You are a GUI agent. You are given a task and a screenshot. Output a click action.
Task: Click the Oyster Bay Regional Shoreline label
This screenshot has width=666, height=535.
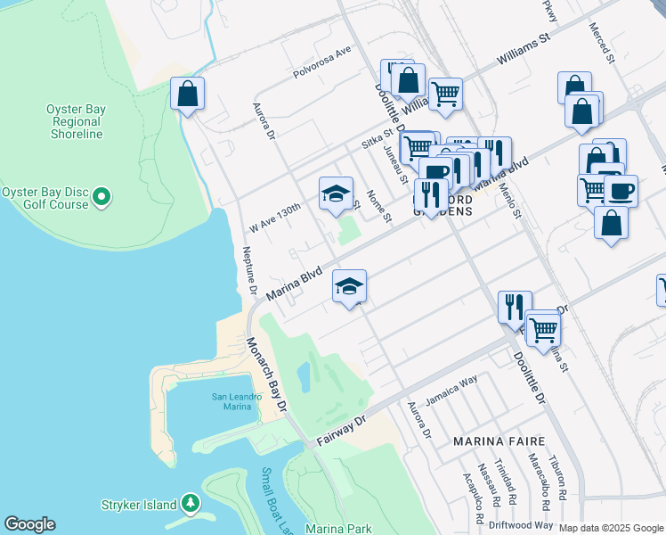(x=76, y=121)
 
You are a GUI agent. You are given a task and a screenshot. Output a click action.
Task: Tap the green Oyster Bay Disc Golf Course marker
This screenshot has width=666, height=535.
(x=102, y=195)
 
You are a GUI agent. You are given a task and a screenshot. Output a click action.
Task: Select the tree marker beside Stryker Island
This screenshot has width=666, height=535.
(x=190, y=505)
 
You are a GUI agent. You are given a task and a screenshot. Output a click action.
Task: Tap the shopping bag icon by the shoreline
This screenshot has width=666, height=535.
(x=187, y=94)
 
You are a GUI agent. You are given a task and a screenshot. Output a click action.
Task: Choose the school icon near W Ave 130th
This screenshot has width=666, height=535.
(x=336, y=193)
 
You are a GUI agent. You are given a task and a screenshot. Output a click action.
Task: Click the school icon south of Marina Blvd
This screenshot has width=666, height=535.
(x=350, y=286)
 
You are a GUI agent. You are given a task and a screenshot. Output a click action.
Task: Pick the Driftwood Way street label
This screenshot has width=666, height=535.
(x=525, y=526)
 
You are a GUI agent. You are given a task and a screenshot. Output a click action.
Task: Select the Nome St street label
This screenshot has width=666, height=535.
(x=378, y=206)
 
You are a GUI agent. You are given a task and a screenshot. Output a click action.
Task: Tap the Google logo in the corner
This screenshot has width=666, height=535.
(x=29, y=524)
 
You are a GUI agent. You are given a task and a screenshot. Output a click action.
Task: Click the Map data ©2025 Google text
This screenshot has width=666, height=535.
(x=610, y=528)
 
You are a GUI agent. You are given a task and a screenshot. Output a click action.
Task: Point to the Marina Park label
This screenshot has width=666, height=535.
(x=338, y=529)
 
